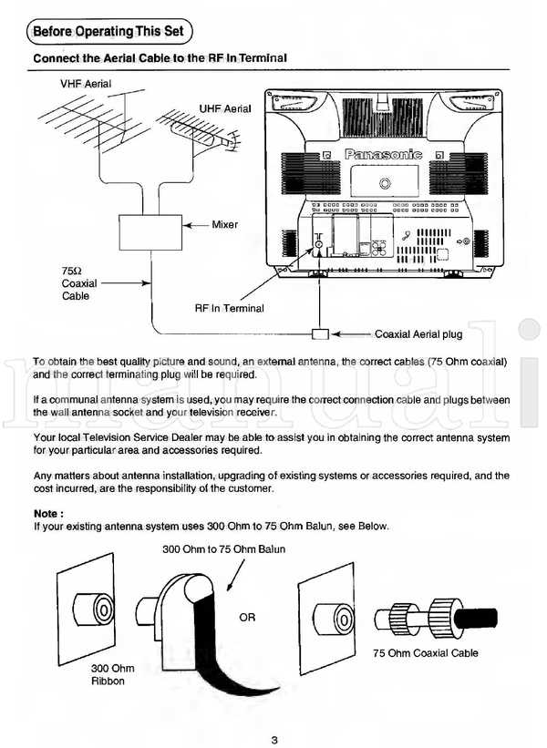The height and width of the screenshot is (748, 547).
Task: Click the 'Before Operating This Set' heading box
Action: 108,32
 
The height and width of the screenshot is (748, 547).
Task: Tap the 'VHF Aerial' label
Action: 87,84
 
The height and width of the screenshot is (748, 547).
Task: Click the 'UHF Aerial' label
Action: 225,108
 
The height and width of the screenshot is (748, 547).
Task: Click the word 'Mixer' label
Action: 225,224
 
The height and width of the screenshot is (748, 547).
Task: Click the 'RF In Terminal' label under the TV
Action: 229,308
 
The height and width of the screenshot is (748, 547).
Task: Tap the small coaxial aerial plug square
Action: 319,333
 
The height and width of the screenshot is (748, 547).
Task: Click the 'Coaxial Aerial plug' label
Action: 418,334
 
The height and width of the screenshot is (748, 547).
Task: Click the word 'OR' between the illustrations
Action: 247,618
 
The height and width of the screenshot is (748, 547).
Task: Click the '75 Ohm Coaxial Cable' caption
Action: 426,653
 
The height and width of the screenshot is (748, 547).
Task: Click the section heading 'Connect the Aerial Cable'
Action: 160,58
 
